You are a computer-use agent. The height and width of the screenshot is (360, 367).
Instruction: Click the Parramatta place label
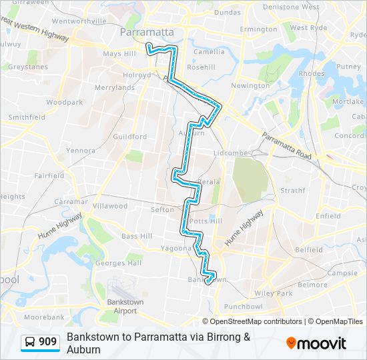(147, 31)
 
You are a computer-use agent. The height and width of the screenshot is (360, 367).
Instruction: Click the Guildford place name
(130, 137)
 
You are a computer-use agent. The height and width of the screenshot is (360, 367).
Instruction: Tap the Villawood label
(110, 206)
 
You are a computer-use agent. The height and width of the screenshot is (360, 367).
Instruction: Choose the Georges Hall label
(119, 263)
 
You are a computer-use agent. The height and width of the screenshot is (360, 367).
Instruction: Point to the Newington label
(250, 85)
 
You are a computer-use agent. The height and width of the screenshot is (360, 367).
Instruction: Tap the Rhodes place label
(312, 73)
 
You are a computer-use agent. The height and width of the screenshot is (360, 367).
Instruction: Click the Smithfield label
(27, 117)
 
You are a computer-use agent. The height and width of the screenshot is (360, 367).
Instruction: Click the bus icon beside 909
(31, 342)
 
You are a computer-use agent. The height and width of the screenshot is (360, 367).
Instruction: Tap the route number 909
(47, 342)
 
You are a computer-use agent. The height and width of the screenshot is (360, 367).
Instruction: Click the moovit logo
(316, 343)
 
